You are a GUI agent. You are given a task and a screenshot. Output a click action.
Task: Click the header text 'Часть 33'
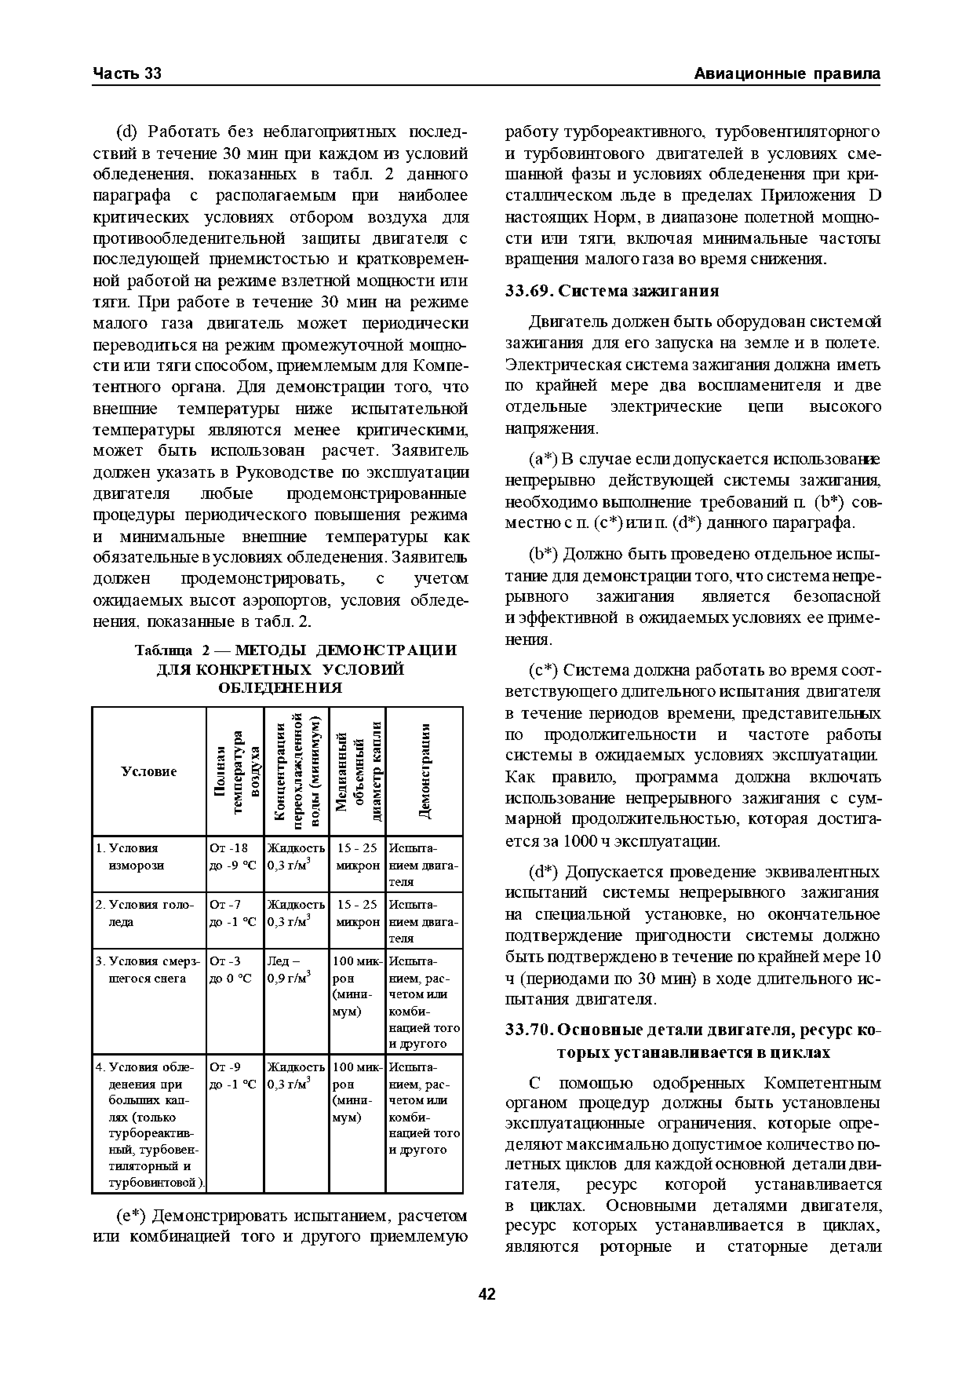coord(127,74)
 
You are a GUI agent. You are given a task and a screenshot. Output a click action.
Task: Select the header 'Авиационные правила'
coord(787,74)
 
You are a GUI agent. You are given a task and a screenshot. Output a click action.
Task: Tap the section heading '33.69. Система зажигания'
coord(612,291)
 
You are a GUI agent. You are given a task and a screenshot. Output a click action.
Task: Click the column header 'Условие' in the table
coord(149,771)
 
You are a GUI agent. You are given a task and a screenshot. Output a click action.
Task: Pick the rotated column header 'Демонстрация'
coord(424,771)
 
